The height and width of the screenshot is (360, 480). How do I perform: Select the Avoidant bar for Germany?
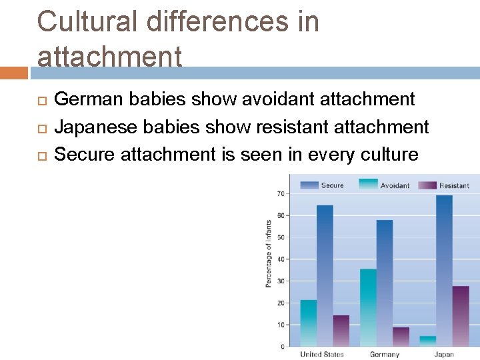(x=368, y=307)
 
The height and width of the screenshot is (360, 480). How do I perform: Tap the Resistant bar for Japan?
(x=461, y=316)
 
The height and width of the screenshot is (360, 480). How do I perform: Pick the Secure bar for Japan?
(x=444, y=271)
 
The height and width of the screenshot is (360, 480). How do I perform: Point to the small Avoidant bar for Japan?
(x=428, y=341)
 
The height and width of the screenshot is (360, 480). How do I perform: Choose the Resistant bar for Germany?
(x=401, y=337)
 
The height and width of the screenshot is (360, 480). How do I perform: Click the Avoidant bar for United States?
(x=309, y=323)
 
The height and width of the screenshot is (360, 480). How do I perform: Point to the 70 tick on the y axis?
(x=281, y=194)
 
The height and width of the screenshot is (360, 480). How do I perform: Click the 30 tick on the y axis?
(x=281, y=281)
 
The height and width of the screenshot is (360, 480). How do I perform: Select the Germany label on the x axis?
(x=384, y=354)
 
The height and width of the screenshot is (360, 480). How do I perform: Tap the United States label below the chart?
(x=322, y=354)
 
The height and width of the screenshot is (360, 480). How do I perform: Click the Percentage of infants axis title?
(x=269, y=254)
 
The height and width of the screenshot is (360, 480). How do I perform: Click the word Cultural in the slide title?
(x=89, y=21)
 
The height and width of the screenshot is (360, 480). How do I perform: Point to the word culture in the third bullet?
(x=389, y=155)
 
